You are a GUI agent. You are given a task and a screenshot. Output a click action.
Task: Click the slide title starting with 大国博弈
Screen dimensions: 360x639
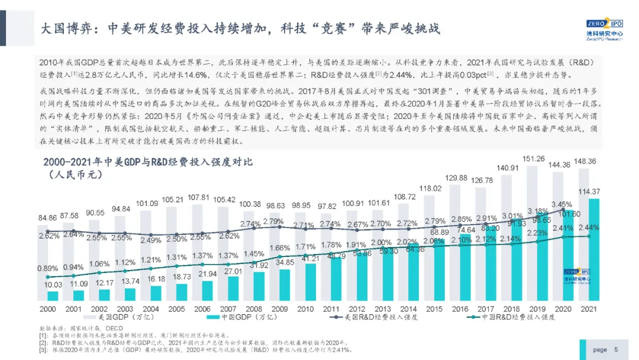[x=240, y=29]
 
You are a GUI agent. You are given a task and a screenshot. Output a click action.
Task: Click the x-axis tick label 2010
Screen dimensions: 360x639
[x=305, y=309]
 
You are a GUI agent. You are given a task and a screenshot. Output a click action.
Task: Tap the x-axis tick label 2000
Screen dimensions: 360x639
[x=48, y=309]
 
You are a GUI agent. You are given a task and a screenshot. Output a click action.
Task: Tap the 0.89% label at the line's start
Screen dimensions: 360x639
[x=47, y=268]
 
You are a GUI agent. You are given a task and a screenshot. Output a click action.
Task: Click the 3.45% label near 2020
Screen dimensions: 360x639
[x=561, y=205]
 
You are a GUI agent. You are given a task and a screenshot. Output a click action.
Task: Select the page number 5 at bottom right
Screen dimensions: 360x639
[x=616, y=349]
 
